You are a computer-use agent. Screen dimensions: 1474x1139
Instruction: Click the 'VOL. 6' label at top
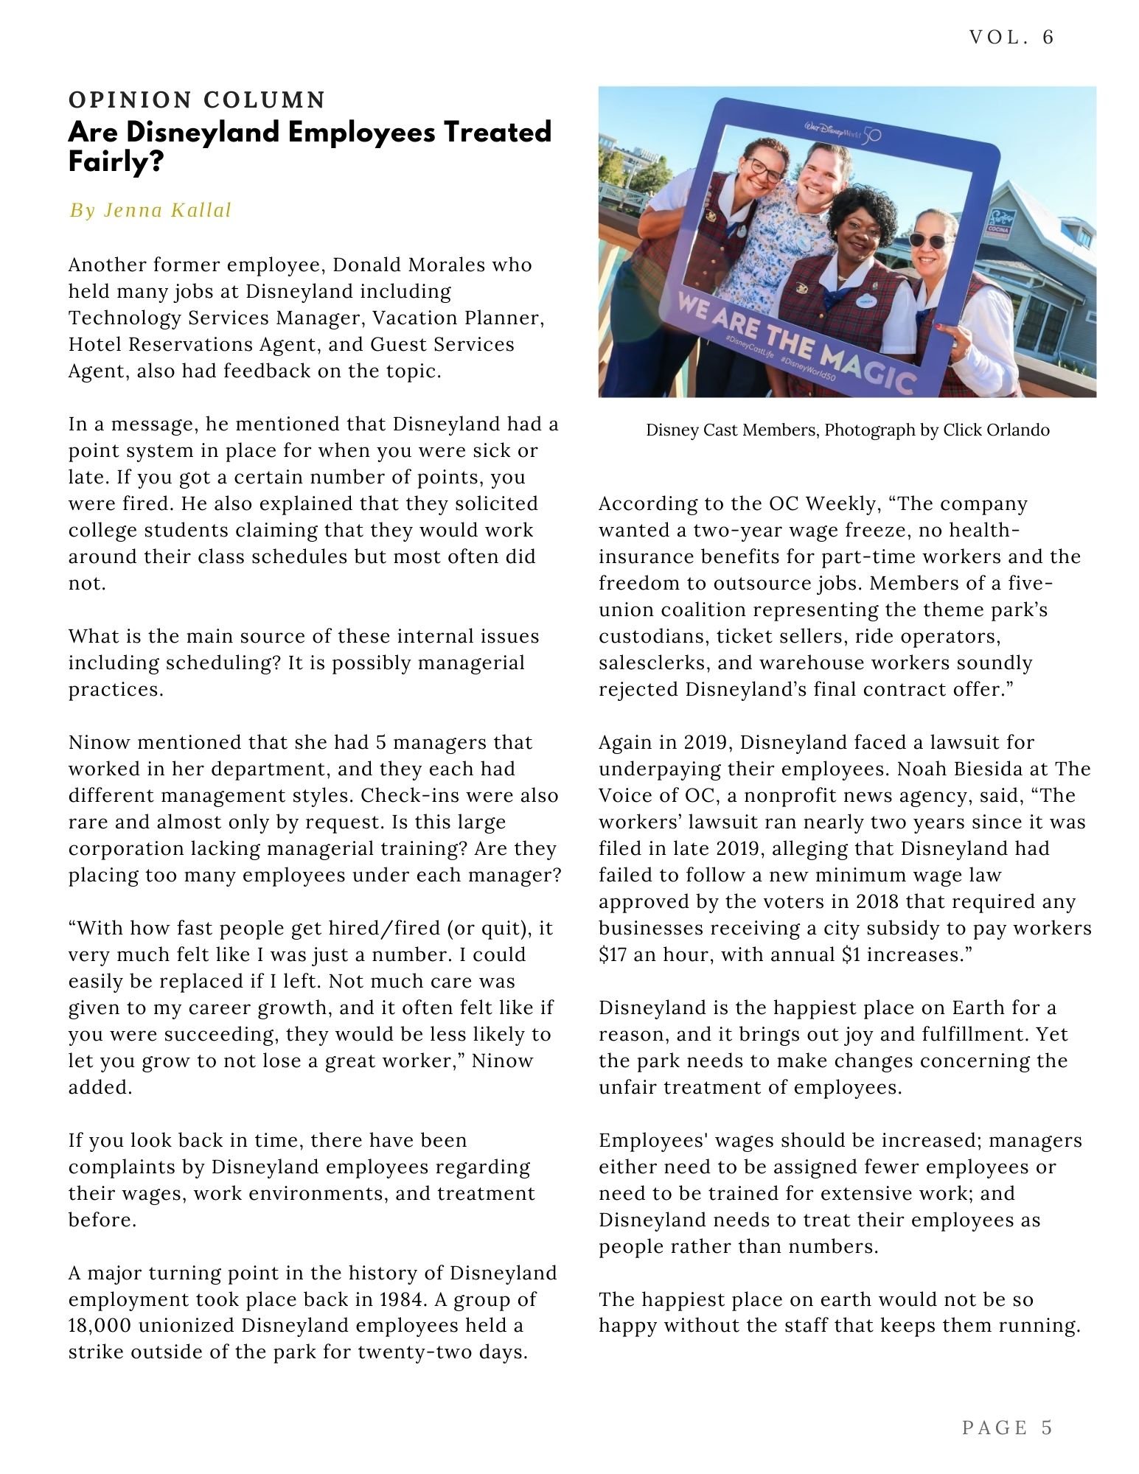pyautogui.click(x=1011, y=38)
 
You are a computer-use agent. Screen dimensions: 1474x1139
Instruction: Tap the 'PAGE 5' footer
pyautogui.click(x=1007, y=1428)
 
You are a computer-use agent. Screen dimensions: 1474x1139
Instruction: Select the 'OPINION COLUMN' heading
pyautogui.click(x=197, y=99)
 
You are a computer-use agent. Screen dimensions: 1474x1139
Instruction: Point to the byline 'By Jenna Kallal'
pyautogui.click(x=150, y=211)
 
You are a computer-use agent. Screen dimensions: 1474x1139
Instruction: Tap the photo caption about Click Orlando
pyautogui.click(x=847, y=430)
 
